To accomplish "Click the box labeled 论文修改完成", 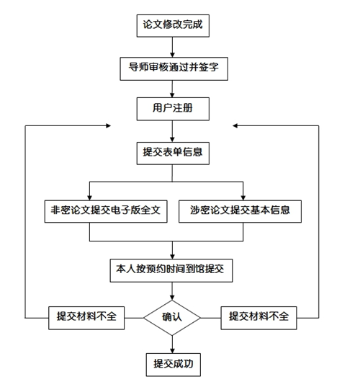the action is [173, 26].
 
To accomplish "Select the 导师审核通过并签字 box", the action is [174, 69].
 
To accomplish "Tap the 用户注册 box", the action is [173, 109].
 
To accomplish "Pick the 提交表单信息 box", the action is [173, 154].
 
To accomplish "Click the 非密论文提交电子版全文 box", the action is [106, 211].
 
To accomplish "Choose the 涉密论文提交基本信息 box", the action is [240, 211].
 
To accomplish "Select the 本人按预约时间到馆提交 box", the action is [171, 270].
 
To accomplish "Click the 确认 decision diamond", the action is [172, 318].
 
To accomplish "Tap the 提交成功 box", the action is [173, 365].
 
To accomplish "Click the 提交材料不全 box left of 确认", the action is [86, 318].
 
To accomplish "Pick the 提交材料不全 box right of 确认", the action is [258, 318].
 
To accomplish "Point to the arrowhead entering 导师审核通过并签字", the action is [172, 55].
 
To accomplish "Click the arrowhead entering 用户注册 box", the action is [172, 95].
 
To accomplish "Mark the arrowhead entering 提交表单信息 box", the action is [172, 140].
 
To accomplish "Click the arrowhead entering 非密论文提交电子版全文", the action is [89, 197].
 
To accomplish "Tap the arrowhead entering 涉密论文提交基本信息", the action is [243, 197].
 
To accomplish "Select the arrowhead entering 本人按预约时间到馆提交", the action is [172, 257].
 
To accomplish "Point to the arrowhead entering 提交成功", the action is [172, 351].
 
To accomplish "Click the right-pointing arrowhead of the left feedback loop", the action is [108, 125].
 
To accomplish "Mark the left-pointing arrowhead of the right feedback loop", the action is [235, 125].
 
